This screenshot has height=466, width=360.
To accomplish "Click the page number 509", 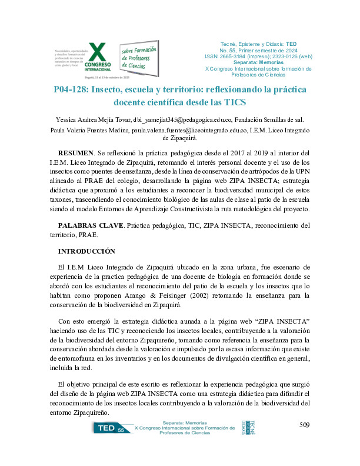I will point(304,425).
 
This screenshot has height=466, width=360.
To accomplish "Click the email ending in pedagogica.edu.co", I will point(176,118).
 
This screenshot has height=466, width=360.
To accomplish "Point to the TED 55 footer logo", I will point(112,431).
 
